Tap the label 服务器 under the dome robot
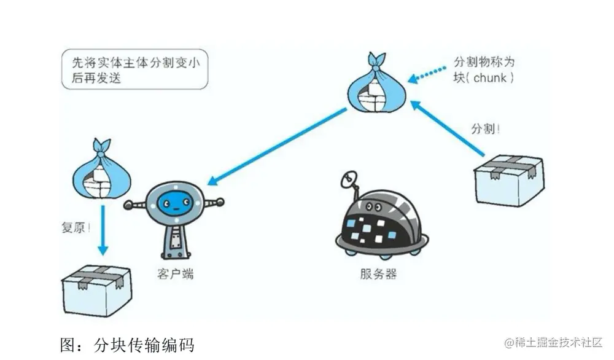pyautogui.click(x=378, y=273)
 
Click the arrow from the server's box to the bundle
pyautogui.click(x=448, y=130)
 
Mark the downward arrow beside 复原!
pyautogui.click(x=103, y=231)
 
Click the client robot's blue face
pyautogui.click(x=175, y=203)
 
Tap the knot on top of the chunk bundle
pyautogui.click(x=376, y=60)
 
